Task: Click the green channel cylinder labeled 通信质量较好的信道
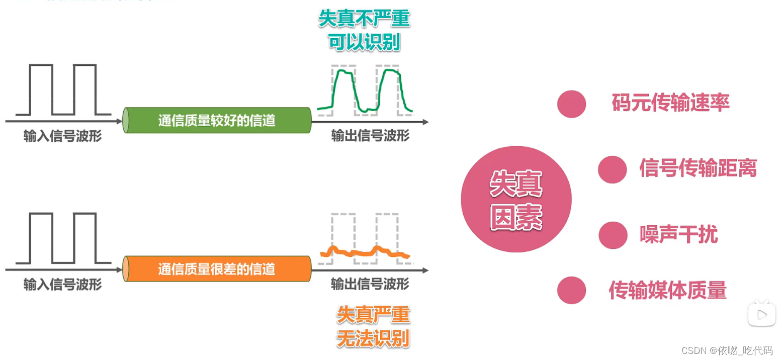pos(217,121)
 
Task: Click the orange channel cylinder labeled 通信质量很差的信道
pos(217,269)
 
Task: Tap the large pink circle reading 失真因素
pos(516,199)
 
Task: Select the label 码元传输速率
pos(670,103)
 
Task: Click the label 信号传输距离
pos(698,168)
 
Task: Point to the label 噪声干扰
pos(678,235)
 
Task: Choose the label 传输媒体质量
pos(667,290)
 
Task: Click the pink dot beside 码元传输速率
pos(572,104)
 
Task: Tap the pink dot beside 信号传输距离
pos(612,169)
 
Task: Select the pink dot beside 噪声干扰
pos(613,235)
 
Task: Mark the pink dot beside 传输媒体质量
pos(572,290)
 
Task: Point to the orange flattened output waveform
pos(365,251)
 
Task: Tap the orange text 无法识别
pos(373,338)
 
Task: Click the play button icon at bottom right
pos(762,314)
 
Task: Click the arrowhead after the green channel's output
pos(425,122)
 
